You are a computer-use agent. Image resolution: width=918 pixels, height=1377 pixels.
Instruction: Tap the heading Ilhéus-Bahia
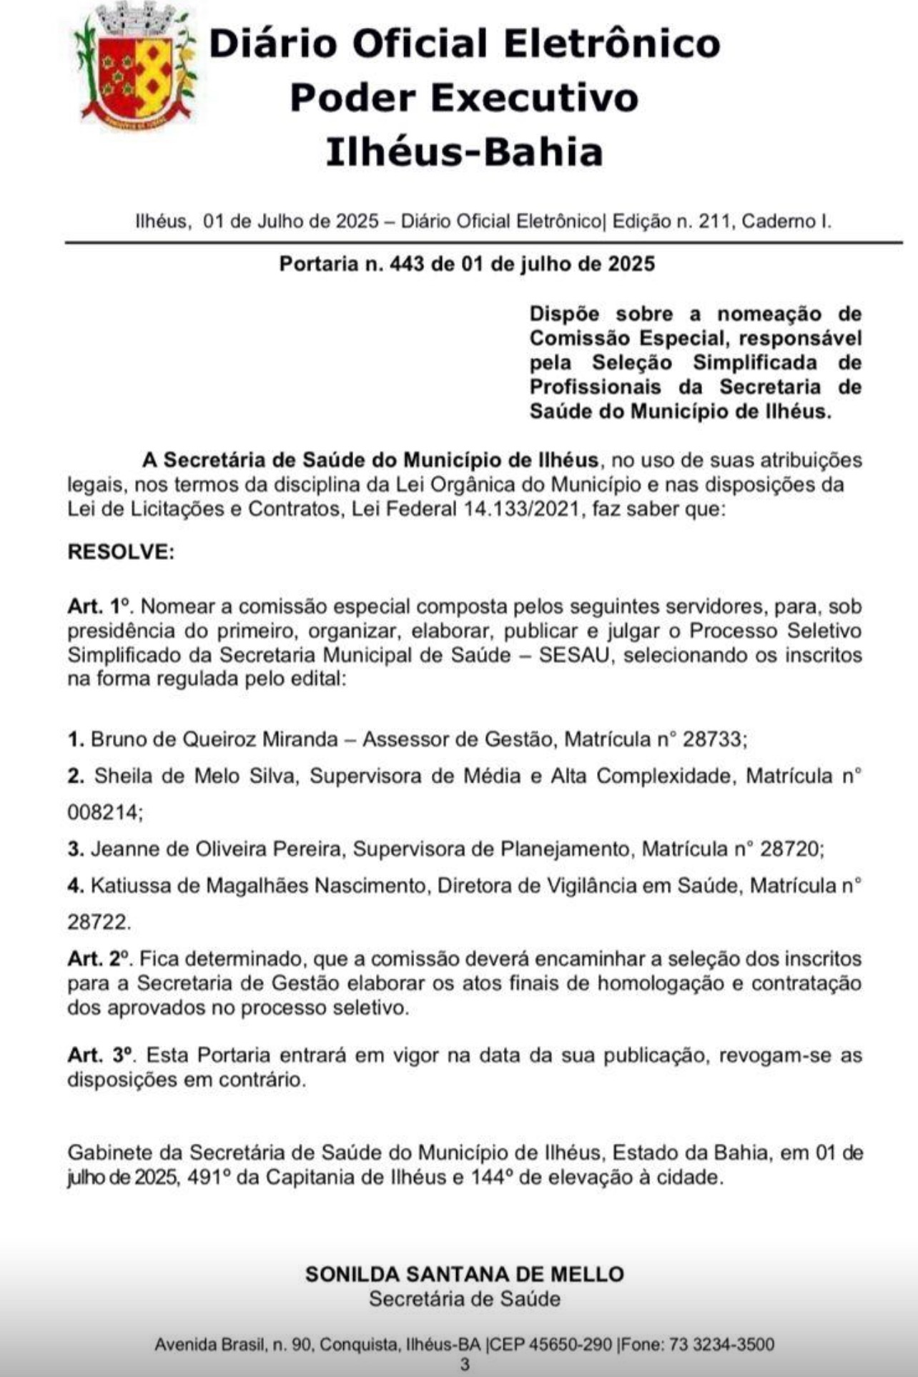464,152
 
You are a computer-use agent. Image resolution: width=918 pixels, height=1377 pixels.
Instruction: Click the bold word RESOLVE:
121,552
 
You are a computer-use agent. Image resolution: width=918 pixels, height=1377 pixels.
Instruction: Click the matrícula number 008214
104,813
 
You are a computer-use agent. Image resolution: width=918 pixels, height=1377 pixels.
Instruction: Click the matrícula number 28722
99,922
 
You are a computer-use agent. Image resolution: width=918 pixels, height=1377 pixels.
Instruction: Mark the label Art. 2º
100,959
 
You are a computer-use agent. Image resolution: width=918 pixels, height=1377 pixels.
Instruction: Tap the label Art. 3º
101,1055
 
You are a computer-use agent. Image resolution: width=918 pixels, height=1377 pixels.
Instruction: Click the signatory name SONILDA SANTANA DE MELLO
464,1273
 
